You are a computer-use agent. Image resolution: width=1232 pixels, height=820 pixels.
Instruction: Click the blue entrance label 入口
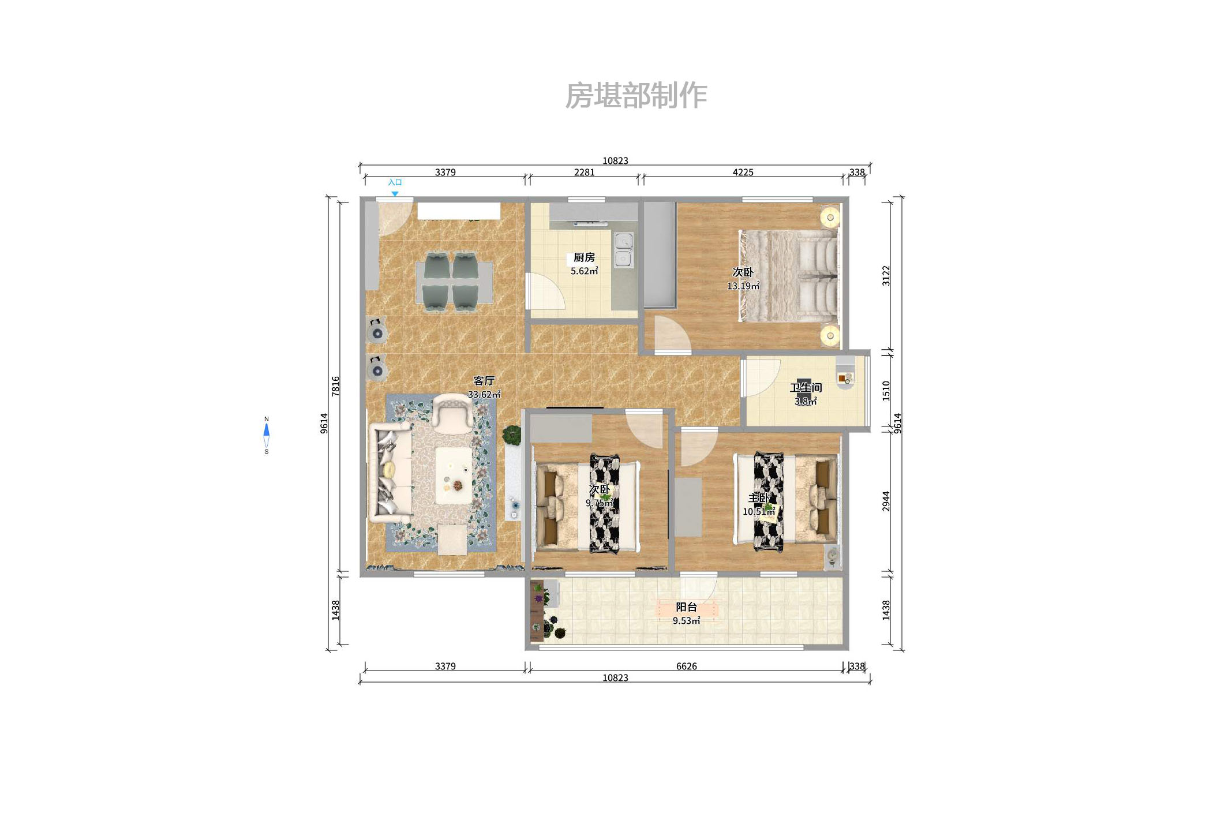(x=395, y=182)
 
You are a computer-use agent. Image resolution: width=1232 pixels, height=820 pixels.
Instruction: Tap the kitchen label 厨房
(x=584, y=257)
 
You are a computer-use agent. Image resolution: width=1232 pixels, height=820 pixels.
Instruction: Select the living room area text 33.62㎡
(x=484, y=395)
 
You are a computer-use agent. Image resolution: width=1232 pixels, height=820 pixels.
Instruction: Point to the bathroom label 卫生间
(x=806, y=388)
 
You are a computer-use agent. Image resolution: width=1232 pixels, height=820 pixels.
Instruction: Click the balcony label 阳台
(x=686, y=607)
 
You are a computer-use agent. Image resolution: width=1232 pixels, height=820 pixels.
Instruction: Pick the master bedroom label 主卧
(x=758, y=498)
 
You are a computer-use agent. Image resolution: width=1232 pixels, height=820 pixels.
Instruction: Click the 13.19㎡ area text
(x=743, y=286)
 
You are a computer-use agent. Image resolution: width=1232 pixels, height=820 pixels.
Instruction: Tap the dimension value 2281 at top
(x=584, y=172)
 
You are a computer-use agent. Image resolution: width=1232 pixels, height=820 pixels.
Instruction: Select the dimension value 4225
(x=743, y=172)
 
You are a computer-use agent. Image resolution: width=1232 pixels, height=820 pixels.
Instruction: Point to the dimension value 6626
(x=686, y=666)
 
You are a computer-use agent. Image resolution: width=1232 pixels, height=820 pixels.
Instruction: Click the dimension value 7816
(x=336, y=385)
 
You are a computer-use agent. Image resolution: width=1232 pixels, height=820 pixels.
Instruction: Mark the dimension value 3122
(x=886, y=276)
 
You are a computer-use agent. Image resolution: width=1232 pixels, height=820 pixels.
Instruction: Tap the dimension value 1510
(x=886, y=391)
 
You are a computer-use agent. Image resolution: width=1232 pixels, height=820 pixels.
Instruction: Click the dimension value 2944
(x=886, y=501)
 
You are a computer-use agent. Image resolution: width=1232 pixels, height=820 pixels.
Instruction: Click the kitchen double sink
(x=623, y=249)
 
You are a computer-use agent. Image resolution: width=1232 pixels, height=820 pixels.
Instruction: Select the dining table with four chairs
(x=455, y=282)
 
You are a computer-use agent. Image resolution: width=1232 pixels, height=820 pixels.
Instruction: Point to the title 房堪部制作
(x=636, y=95)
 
